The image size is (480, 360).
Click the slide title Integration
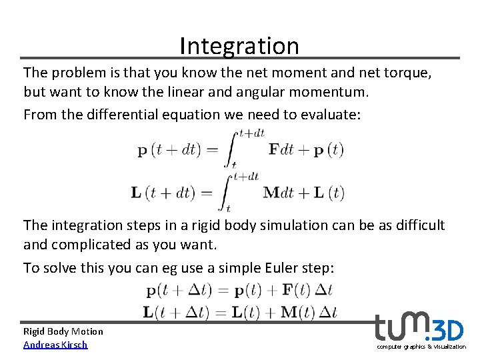point(239,46)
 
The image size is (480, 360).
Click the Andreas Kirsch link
point(55,345)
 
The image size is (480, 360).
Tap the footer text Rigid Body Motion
point(63,331)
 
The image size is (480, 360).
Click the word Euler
point(275,268)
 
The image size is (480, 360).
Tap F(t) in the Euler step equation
point(296,291)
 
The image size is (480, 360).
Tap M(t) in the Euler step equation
point(300,311)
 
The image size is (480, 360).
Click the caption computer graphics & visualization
point(421,347)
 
